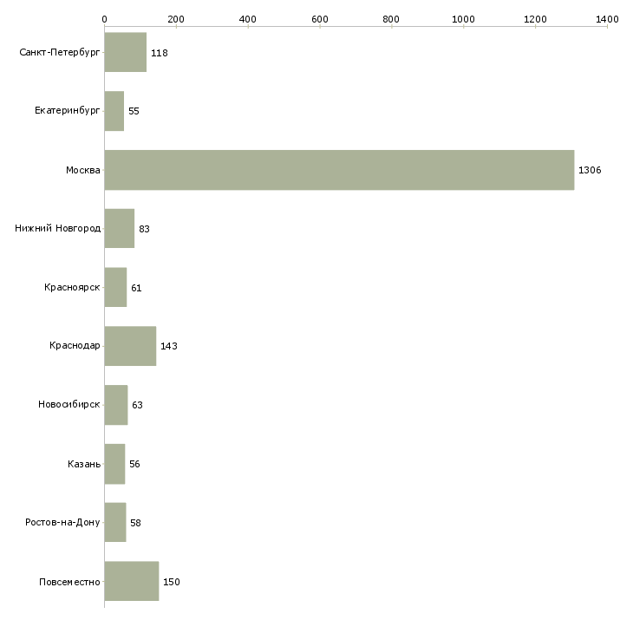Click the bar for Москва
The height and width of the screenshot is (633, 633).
(339, 170)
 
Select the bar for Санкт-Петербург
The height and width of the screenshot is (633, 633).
(125, 53)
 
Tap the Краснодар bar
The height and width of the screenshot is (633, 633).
(130, 346)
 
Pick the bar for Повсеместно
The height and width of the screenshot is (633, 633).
(131, 581)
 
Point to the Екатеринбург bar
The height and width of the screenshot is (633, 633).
(114, 111)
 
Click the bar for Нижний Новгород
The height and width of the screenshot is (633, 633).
(119, 229)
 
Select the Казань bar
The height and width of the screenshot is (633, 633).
(114, 464)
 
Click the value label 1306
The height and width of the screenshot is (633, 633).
(590, 170)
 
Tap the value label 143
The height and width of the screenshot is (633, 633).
(169, 346)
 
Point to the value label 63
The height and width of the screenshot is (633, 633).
(137, 405)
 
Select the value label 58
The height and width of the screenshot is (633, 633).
(135, 523)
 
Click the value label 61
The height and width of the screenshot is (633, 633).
(136, 288)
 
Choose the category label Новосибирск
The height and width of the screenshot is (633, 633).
(69, 405)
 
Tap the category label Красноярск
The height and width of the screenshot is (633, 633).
(72, 288)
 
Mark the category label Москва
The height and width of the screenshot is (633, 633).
(83, 170)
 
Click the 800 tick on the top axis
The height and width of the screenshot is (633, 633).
(392, 18)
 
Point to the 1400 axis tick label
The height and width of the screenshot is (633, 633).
(607, 18)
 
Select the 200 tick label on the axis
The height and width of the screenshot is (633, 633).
(176, 18)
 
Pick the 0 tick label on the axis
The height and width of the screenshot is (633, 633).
(104, 18)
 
